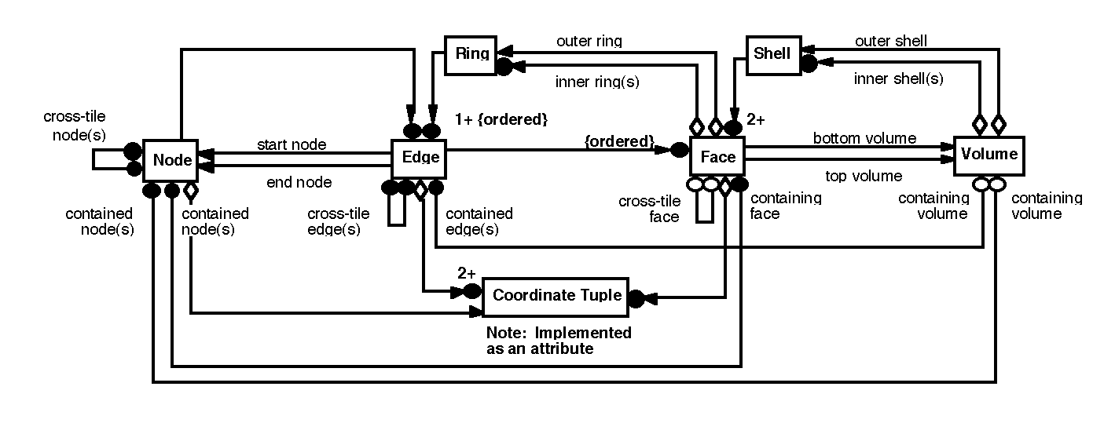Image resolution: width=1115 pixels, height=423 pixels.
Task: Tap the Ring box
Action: [x=471, y=54]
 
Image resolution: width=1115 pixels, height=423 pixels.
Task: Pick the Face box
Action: [x=717, y=157]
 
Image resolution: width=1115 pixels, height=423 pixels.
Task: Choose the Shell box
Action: [x=772, y=54]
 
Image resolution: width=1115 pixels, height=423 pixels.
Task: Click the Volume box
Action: [x=988, y=155]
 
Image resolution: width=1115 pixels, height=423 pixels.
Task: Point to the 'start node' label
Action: [x=292, y=145]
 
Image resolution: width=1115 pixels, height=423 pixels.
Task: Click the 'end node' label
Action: [x=299, y=183]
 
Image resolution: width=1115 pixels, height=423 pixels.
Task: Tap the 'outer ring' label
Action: [x=589, y=41]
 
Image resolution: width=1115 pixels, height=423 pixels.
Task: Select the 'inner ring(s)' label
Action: [x=596, y=81]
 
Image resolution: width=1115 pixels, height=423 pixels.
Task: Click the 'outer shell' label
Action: [x=890, y=41]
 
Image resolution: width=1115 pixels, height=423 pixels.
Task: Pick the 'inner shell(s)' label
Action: [x=898, y=78]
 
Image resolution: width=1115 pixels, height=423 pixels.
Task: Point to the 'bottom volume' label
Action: [x=864, y=139]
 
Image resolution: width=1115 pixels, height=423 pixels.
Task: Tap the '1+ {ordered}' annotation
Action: [x=501, y=120]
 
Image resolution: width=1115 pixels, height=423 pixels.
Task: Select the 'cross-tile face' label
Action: [x=648, y=209]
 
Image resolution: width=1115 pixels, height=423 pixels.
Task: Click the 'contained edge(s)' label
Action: [x=479, y=221]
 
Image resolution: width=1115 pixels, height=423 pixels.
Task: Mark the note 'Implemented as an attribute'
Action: [x=558, y=341]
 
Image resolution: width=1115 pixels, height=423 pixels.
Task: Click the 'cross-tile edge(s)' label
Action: [x=333, y=221]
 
